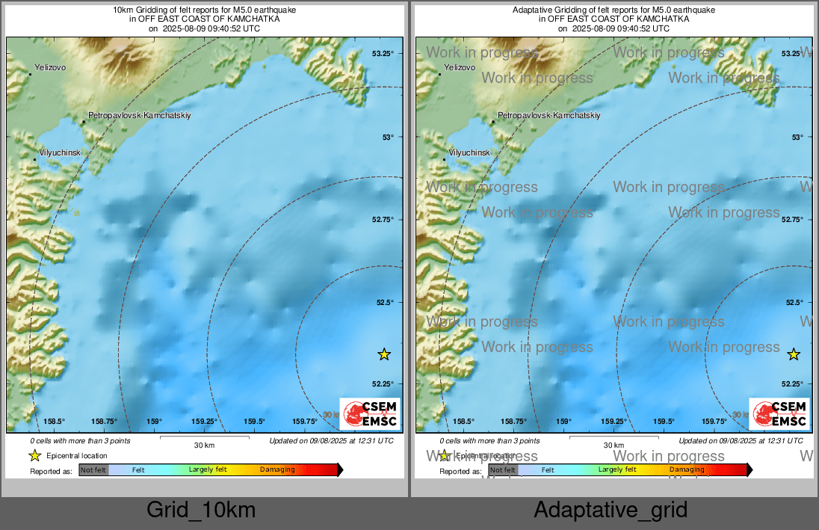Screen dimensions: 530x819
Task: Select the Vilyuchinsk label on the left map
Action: pos(60,152)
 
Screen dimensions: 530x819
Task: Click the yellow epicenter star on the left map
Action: pos(384,354)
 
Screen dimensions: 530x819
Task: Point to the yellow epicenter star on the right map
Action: pos(794,354)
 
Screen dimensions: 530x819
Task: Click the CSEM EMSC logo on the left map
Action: pos(369,413)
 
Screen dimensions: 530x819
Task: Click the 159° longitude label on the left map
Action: pos(154,421)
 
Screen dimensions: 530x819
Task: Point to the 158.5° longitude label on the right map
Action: pos(464,421)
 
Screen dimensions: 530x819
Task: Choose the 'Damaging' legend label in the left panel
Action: pos(277,469)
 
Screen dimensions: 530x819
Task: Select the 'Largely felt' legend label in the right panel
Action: pos(617,469)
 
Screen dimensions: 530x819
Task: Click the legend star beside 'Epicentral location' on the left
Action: pos(34,455)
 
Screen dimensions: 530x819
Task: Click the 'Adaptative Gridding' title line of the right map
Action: pos(614,10)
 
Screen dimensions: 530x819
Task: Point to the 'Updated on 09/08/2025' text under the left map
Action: pos(331,441)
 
